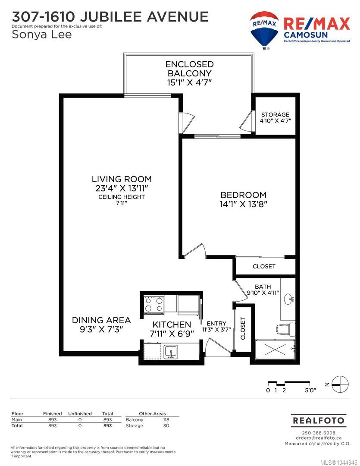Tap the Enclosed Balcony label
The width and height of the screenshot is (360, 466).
click(x=189, y=69)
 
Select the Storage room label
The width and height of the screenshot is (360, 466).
click(x=275, y=114)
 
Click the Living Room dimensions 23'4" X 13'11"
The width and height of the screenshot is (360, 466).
click(x=122, y=188)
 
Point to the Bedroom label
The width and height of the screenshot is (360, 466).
click(x=243, y=195)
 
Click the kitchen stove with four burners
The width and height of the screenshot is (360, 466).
click(x=153, y=304)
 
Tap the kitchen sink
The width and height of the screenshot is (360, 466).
click(x=171, y=352)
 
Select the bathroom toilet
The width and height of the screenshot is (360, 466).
click(x=285, y=329)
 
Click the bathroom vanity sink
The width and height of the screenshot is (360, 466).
click(x=289, y=299)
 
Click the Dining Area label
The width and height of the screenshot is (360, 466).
click(x=101, y=320)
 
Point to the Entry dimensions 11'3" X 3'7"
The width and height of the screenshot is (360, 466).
click(x=216, y=330)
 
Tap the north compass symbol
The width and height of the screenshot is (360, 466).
click(x=340, y=384)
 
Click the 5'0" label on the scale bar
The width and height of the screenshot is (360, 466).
click(x=310, y=390)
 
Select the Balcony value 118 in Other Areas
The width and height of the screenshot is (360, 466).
click(x=166, y=420)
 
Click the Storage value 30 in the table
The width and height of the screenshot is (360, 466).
click(x=166, y=425)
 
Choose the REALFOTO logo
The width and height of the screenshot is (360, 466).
click(x=319, y=420)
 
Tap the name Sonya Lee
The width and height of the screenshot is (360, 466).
click(x=41, y=35)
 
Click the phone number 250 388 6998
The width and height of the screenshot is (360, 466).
click(x=319, y=433)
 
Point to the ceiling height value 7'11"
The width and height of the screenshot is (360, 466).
click(x=122, y=203)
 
